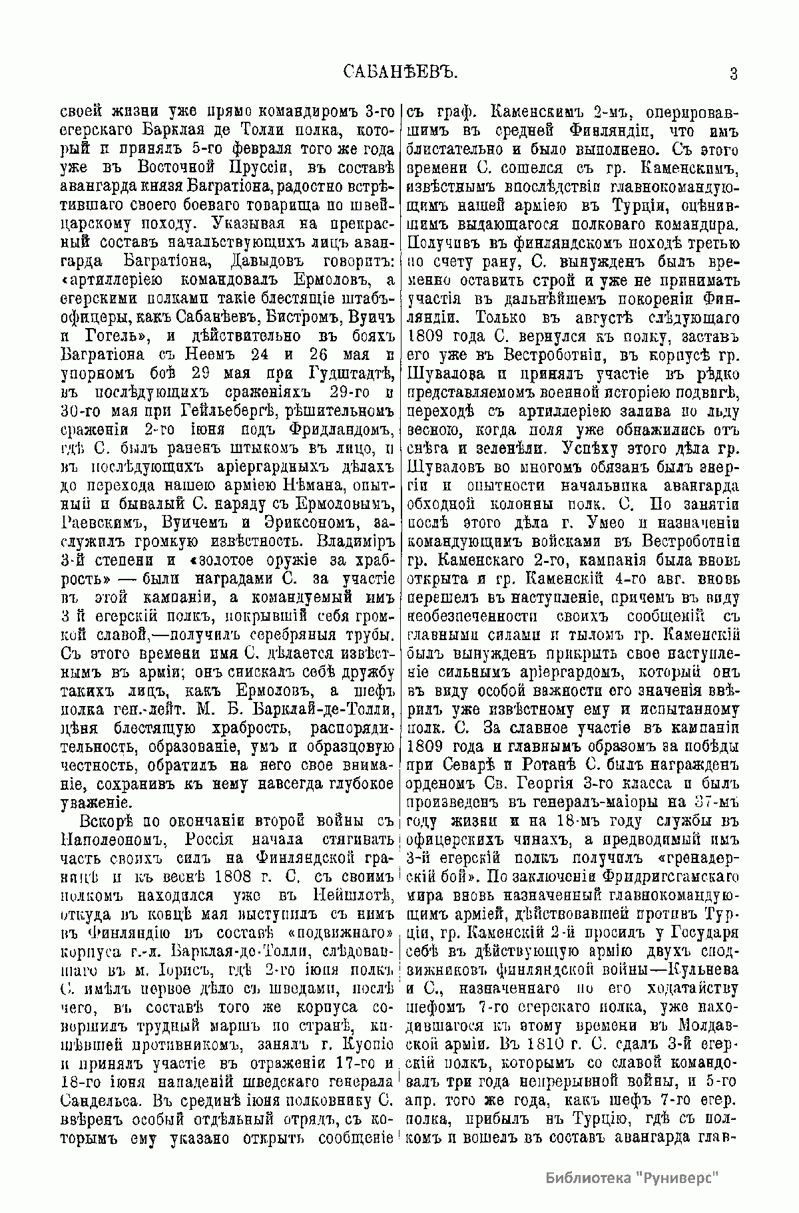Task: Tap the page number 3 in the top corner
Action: (x=733, y=73)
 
